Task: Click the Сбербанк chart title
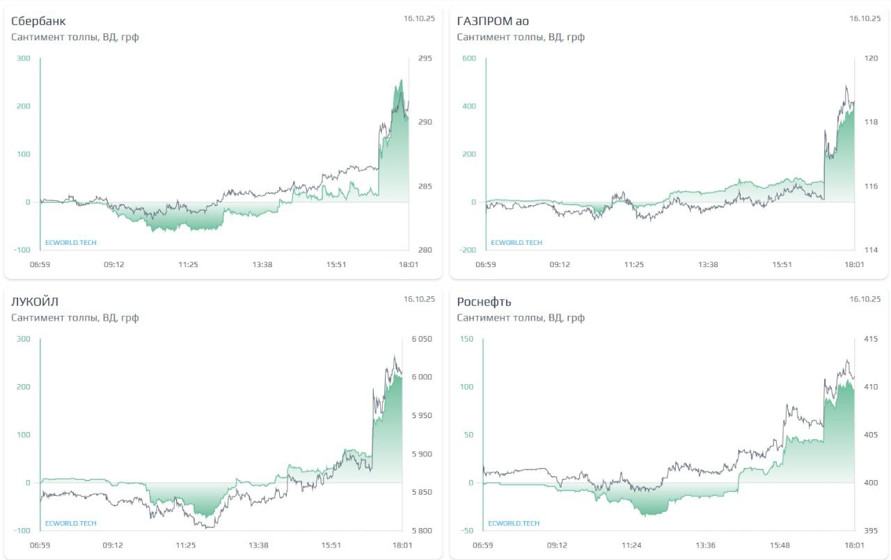38,21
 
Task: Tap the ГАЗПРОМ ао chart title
493,21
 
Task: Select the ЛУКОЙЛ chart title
35,301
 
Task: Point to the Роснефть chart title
484,301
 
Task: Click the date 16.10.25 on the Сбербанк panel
419,19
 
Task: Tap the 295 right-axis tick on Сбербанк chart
425,58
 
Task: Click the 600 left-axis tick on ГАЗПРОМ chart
468,58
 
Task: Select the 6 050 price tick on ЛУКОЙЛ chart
422,339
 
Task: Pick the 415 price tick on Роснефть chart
870,339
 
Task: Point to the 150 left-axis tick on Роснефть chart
466,339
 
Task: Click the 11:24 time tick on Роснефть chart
631,545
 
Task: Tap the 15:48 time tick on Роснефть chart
780,545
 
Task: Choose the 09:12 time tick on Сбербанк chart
114,264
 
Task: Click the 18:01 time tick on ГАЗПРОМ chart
854,264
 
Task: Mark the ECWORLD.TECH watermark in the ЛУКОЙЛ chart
71,523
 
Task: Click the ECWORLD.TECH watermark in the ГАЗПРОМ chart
517,243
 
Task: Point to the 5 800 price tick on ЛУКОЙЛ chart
422,531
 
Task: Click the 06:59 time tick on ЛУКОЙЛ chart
40,545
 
